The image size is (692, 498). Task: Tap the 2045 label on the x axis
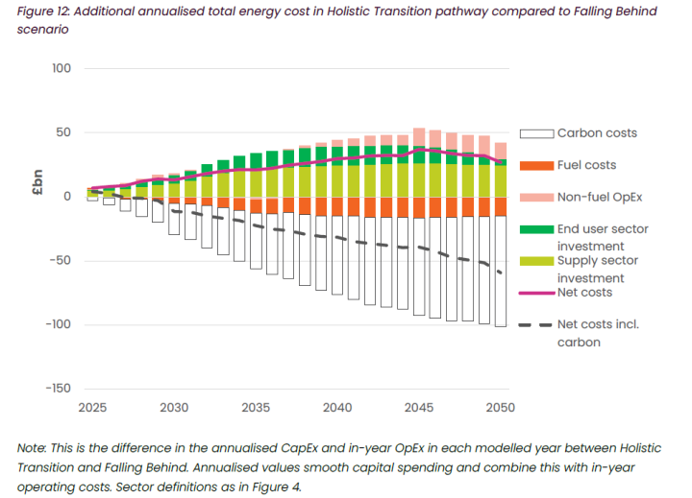[x=418, y=408]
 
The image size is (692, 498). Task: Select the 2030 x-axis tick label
[x=174, y=408]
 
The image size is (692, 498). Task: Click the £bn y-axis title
[x=37, y=183]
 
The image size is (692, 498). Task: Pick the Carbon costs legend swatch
[x=535, y=133]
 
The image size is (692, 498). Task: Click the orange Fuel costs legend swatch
[x=535, y=165]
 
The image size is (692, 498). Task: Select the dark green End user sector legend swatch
[x=535, y=228]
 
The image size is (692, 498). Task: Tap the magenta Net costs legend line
[x=535, y=292]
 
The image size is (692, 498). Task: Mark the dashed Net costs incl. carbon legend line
[x=535, y=324]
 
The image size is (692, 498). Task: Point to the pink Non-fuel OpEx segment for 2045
[x=419, y=136]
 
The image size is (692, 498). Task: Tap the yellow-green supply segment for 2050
[x=500, y=181]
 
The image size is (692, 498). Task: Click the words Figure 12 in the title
[x=44, y=11]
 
